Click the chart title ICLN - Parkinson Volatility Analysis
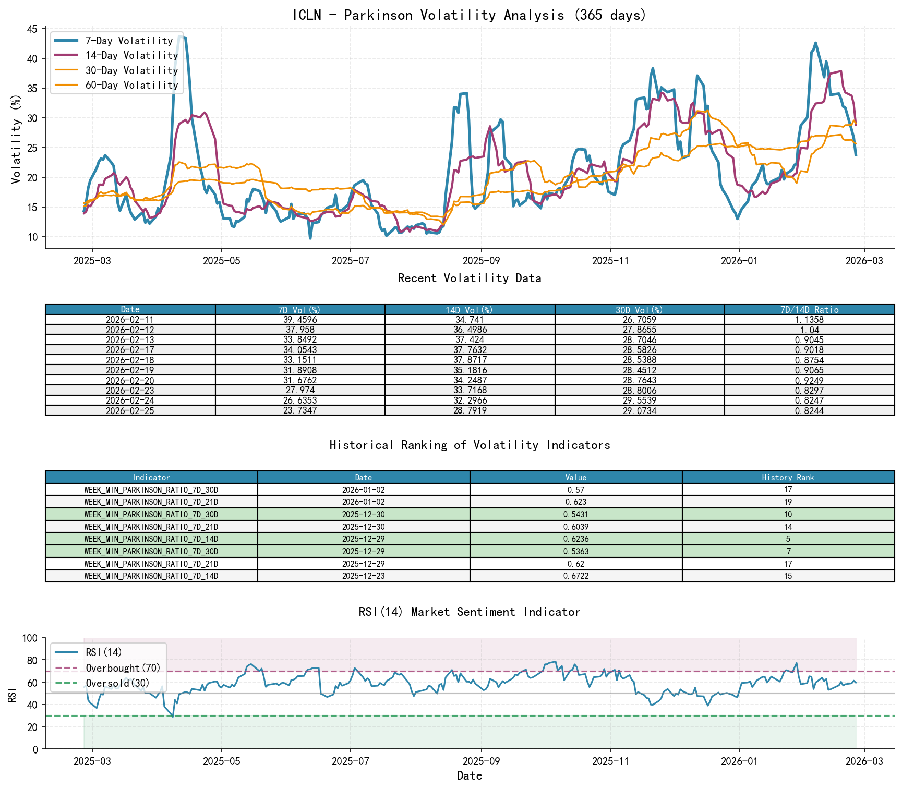(469, 15)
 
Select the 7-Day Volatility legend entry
(129, 41)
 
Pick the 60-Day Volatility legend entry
(131, 85)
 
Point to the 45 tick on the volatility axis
(32, 29)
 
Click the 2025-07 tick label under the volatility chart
(350, 261)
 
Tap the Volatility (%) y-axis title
(16, 139)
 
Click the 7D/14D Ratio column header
(809, 310)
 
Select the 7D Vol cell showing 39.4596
(300, 320)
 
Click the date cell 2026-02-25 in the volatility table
(130, 410)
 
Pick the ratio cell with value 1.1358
(809, 320)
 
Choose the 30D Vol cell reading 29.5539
(640, 400)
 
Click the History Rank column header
(788, 477)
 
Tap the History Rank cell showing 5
(788, 539)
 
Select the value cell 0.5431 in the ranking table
(575, 514)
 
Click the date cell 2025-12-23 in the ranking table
(363, 576)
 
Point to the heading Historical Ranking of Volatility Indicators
(469, 445)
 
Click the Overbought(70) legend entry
(123, 668)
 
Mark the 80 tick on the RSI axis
(32, 660)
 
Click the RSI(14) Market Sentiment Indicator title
(469, 612)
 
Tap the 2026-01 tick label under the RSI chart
(739, 761)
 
